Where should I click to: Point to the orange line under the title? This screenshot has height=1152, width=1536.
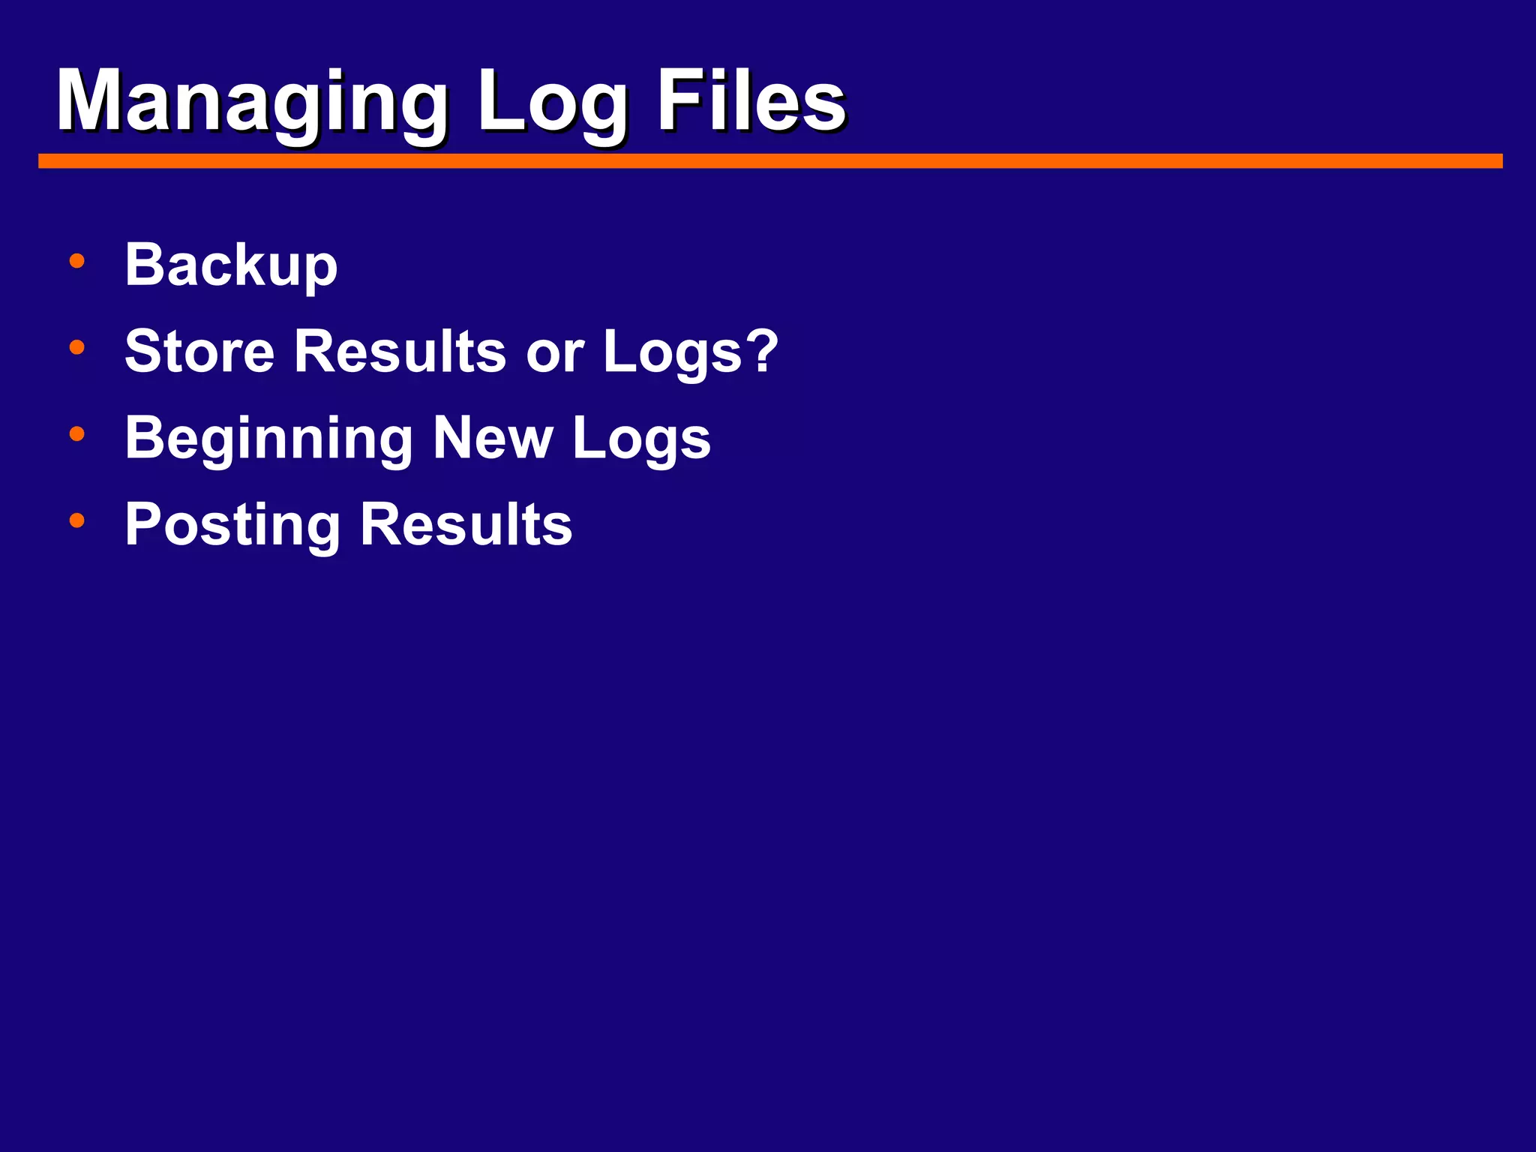(770, 161)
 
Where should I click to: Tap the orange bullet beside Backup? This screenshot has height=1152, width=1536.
(76, 261)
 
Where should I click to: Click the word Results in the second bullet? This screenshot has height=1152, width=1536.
(400, 351)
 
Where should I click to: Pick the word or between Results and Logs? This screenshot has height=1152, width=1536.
(554, 352)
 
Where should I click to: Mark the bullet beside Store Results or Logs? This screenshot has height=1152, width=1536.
(76, 347)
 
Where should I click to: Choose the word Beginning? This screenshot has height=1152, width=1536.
(268, 439)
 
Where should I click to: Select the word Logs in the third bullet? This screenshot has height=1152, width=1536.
(641, 439)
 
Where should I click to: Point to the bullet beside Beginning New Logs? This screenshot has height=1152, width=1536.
(76, 433)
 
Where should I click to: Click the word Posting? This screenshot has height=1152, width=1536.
(232, 525)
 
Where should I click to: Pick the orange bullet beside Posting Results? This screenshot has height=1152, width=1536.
(76, 520)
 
